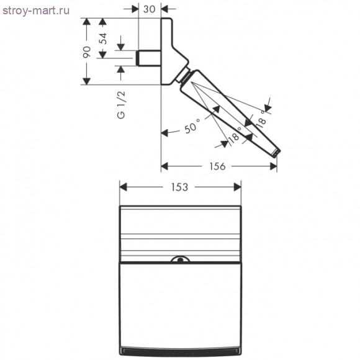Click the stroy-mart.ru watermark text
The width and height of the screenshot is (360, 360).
[36, 11]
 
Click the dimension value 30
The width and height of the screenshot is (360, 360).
[149, 9]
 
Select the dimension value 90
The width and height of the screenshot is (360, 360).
[87, 52]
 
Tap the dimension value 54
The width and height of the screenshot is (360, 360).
[104, 38]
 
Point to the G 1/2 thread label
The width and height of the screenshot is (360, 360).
[121, 105]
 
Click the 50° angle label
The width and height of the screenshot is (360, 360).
[192, 126]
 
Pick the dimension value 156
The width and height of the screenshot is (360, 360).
[217, 166]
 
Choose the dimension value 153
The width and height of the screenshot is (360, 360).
[180, 187]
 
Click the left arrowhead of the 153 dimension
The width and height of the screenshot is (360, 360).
[123, 187]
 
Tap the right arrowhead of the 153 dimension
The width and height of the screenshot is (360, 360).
[237, 187]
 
